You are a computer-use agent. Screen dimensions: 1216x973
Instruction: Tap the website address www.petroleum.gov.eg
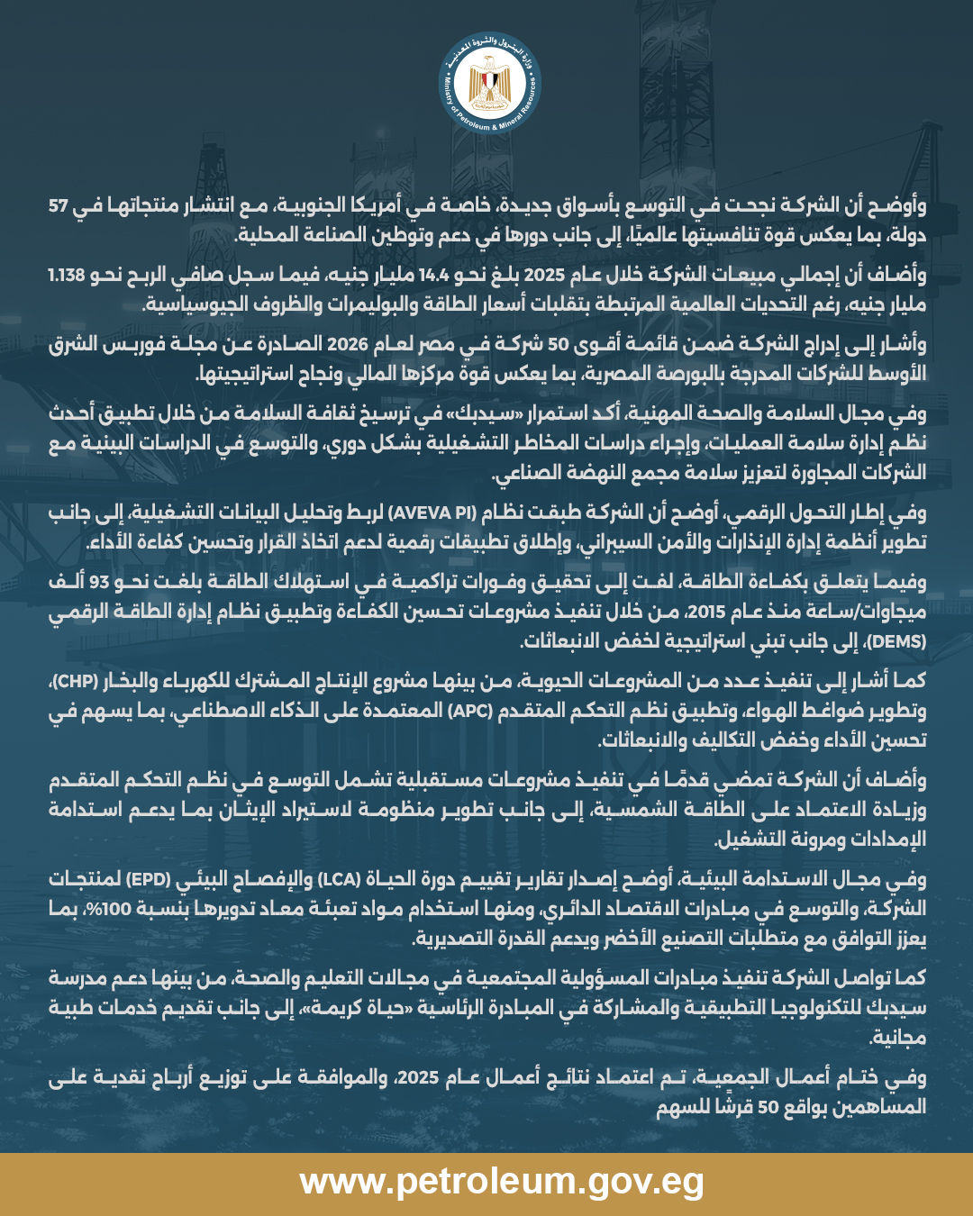coord(501,1181)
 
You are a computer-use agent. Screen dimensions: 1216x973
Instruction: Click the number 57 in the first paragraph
coord(59,206)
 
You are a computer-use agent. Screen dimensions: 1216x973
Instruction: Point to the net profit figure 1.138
coord(67,276)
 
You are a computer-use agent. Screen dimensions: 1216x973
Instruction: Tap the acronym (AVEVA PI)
coord(432,513)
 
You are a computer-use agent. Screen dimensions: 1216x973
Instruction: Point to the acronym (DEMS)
coord(899,641)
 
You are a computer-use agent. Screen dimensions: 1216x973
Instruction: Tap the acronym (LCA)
coord(339,878)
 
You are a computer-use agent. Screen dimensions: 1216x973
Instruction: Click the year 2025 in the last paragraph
coord(418,1076)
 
